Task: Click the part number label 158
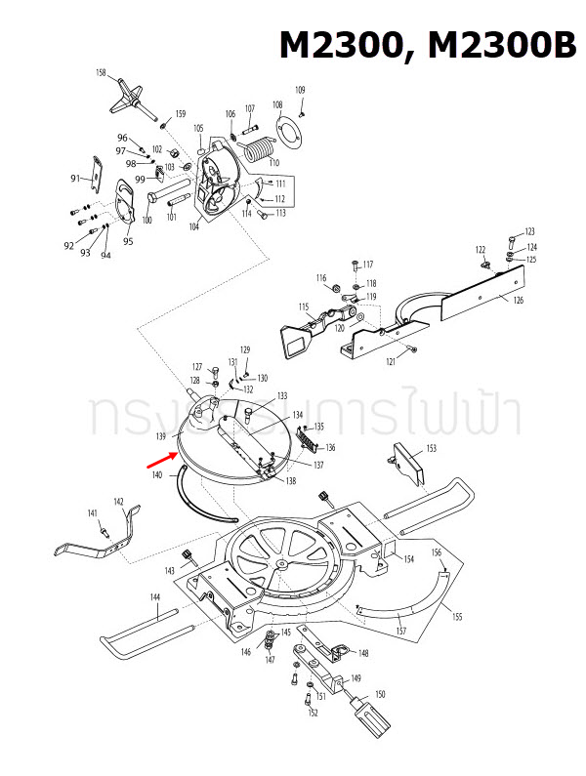point(101,73)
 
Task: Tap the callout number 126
point(518,300)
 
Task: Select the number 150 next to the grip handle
point(380,693)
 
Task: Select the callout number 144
point(154,596)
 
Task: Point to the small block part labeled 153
point(406,463)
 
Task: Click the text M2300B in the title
point(492,44)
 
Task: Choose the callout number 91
point(75,179)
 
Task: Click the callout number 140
point(156,475)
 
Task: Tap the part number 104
point(194,225)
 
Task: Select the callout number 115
point(304,307)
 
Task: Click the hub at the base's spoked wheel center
point(281,564)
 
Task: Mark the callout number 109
point(300,91)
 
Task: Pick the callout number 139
point(162,435)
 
